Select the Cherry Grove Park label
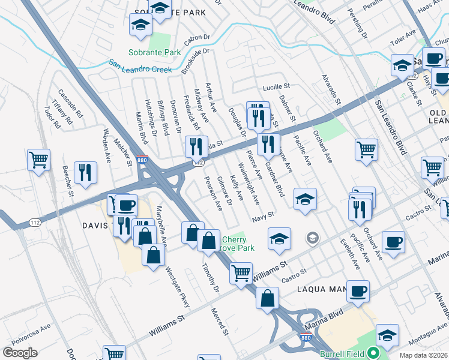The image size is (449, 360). coord(238,244)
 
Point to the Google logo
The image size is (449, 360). coord(20,352)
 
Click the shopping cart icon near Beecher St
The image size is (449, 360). coord(38,160)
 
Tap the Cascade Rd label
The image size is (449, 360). coord(70,103)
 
